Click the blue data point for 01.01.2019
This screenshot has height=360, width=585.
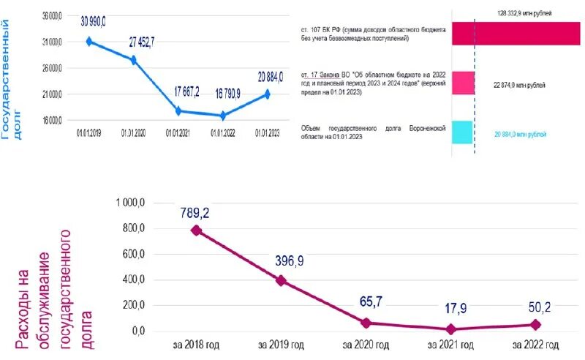coord(89,42)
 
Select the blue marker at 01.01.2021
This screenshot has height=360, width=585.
coord(178,111)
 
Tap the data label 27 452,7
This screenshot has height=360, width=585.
coord(143,42)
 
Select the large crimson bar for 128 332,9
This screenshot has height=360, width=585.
coord(516,34)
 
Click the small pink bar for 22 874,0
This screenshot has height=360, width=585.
coord(463,83)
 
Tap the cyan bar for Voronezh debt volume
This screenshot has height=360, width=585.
coord(463,132)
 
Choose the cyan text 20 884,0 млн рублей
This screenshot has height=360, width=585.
coord(521,135)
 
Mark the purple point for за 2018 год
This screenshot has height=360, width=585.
coord(195,230)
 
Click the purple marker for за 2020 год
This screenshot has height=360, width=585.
coord(366,323)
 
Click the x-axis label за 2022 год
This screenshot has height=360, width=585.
coord(536,345)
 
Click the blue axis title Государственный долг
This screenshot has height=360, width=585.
coord(12,80)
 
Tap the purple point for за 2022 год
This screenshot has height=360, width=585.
coord(535,324)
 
